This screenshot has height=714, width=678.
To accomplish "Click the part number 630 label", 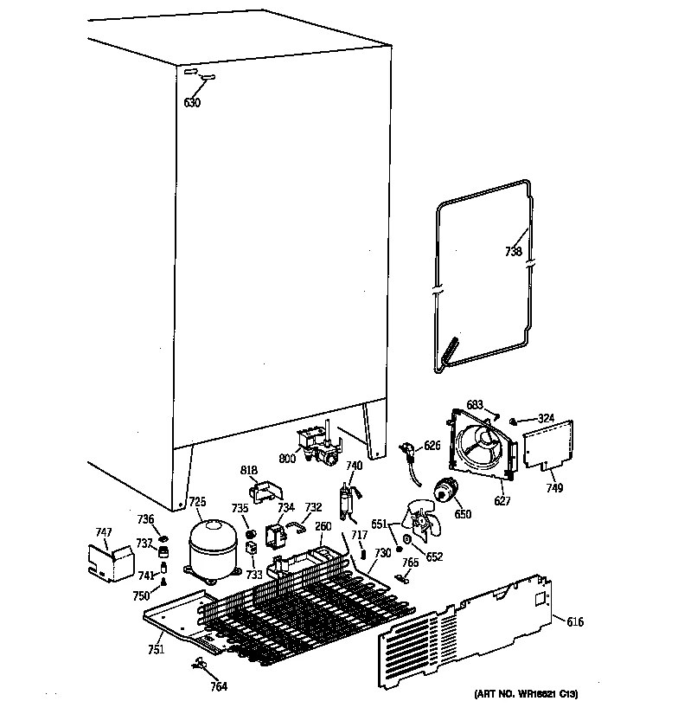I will point(192,103).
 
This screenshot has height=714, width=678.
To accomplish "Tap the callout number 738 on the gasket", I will point(514,252).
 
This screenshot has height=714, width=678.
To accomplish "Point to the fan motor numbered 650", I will point(448,492).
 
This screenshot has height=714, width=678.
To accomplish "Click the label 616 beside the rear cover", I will point(575,621).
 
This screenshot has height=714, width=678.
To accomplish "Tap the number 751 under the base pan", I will point(156,650).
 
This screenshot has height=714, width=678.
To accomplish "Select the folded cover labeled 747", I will point(112,564).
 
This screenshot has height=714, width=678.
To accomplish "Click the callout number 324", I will point(545,420).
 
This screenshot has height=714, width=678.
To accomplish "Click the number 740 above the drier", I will point(354,466).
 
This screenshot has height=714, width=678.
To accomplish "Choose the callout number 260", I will point(323,526).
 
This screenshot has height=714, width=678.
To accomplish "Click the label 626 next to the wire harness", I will point(432,447).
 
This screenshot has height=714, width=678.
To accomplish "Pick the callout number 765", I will point(411,563).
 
